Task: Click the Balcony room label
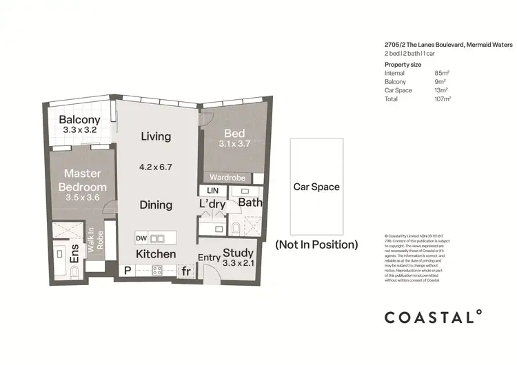[79, 120]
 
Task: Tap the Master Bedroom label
[83, 180]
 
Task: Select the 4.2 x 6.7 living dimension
[156, 166]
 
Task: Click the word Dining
[156, 205]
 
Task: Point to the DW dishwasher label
[141, 238]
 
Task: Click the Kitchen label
[155, 254]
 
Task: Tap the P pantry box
[127, 271]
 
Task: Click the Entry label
[210, 258]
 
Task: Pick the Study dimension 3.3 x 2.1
[239, 262]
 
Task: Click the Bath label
[250, 202]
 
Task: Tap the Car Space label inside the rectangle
[316, 187]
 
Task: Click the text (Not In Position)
[316, 244]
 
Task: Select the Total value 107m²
[442, 99]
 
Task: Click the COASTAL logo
[433, 317]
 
